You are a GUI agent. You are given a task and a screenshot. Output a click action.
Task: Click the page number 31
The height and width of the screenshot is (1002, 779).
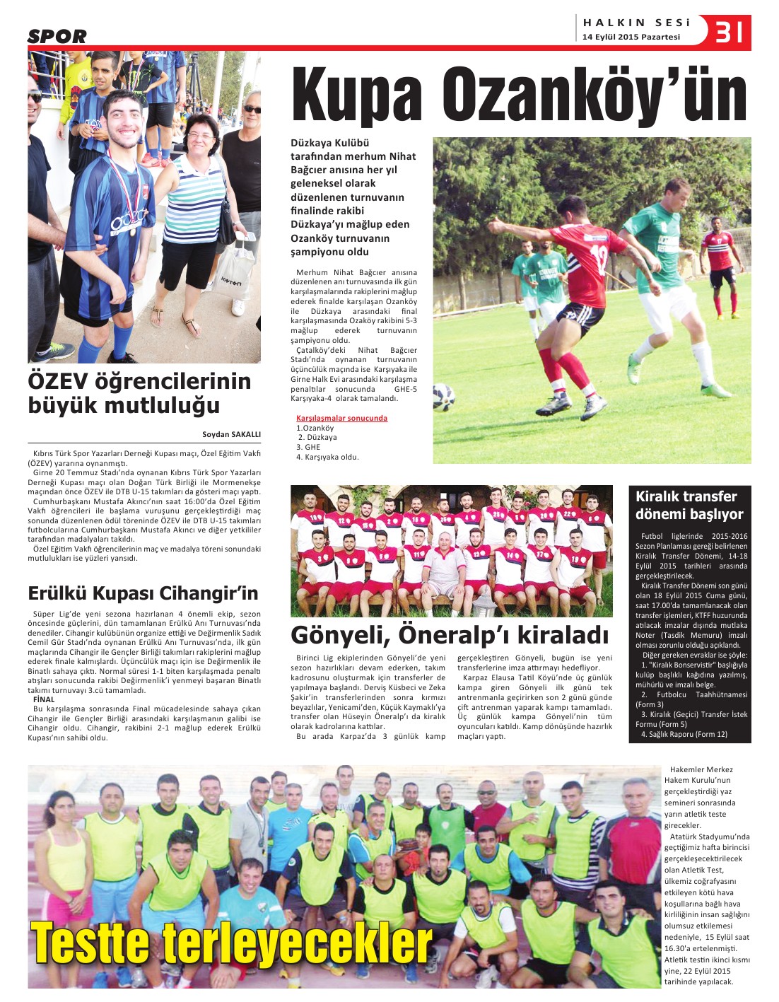click(730, 33)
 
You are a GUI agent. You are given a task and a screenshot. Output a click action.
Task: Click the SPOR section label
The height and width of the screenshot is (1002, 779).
click(57, 36)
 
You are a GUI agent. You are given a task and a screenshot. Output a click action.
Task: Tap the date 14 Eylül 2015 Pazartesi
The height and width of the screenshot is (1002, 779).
click(631, 37)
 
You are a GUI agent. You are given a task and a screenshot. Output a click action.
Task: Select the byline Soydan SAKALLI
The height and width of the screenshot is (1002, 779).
click(231, 435)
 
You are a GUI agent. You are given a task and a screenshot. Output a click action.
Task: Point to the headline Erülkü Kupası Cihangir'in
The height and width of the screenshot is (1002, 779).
click(143, 593)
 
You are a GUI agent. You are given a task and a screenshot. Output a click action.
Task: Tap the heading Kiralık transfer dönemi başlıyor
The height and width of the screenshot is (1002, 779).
click(689, 505)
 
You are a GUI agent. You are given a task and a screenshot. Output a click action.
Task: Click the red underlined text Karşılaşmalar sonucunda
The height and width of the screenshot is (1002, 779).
click(341, 418)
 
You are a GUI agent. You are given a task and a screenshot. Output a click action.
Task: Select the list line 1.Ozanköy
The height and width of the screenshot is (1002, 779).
click(315, 428)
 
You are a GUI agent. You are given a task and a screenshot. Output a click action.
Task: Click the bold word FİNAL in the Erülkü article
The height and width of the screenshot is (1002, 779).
click(44, 699)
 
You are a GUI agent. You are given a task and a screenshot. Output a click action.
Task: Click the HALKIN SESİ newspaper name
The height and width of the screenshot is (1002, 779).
click(636, 23)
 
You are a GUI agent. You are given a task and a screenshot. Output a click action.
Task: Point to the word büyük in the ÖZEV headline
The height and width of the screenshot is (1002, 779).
click(62, 406)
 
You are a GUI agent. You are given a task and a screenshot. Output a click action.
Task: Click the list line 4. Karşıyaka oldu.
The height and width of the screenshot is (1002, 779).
click(327, 457)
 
